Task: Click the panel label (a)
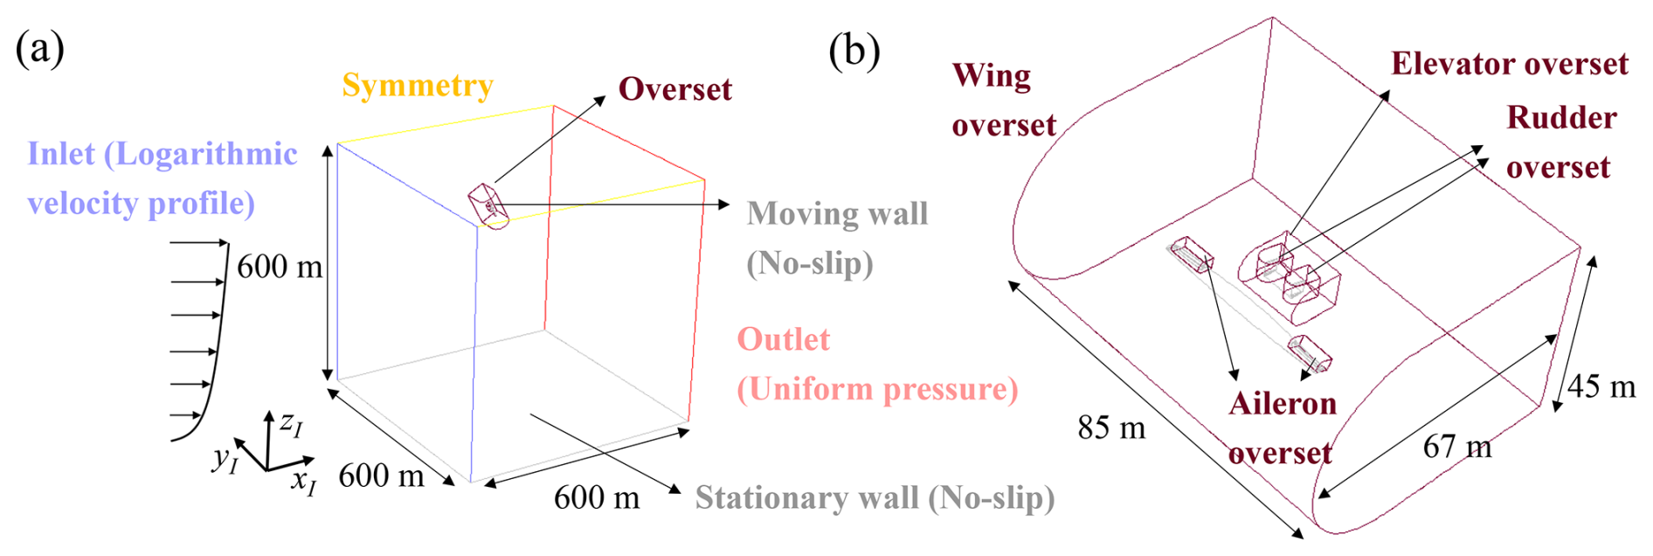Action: tap(39, 49)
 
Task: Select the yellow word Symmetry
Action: tap(418, 86)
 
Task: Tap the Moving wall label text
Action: tap(837, 214)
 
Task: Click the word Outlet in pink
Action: tap(783, 339)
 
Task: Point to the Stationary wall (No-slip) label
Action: tap(875, 497)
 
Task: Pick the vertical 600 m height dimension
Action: tap(280, 266)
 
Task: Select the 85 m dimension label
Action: tap(1110, 427)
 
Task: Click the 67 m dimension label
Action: tap(1456, 447)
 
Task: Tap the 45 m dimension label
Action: tap(1601, 386)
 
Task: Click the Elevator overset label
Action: tap(1509, 64)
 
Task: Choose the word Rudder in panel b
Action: tap(1561, 118)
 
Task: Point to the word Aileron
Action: tap(1282, 404)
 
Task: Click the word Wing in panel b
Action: tap(991, 76)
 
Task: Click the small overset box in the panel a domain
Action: tap(488, 206)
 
